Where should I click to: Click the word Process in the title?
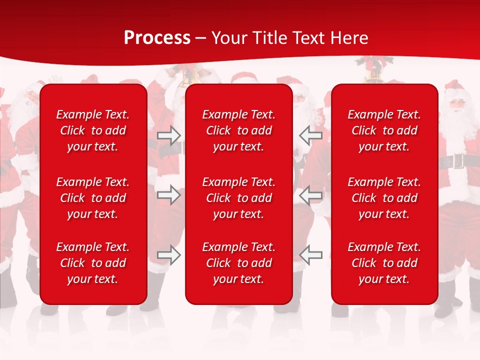pyautogui.click(x=157, y=38)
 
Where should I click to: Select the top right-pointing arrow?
pyautogui.click(x=169, y=135)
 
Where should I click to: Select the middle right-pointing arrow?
pyautogui.click(x=169, y=195)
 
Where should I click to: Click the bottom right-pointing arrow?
pyautogui.click(x=169, y=255)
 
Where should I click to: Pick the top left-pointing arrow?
pyautogui.click(x=311, y=135)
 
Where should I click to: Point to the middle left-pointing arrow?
pyautogui.click(x=311, y=195)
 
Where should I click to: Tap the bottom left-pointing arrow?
pyautogui.click(x=311, y=255)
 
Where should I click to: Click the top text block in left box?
pyautogui.click(x=93, y=130)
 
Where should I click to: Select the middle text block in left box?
pyautogui.click(x=93, y=198)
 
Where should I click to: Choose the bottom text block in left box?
pyautogui.click(x=93, y=263)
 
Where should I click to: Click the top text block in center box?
pyautogui.click(x=238, y=130)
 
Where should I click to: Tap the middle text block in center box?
pyautogui.click(x=238, y=198)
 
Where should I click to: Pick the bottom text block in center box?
pyautogui.click(x=238, y=263)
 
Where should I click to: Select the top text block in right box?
pyautogui.click(x=384, y=130)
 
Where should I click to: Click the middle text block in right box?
pyautogui.click(x=384, y=198)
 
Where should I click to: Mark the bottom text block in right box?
pyautogui.click(x=384, y=263)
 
